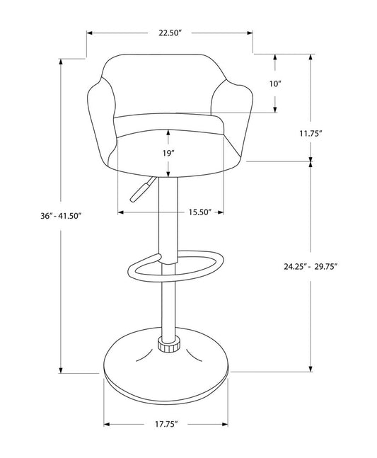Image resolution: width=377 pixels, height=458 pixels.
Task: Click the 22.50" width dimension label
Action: click(x=170, y=33)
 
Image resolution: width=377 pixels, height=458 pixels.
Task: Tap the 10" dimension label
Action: click(x=275, y=84)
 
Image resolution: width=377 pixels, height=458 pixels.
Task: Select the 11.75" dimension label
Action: click(x=311, y=134)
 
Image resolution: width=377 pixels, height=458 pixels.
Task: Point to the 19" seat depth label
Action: click(x=168, y=153)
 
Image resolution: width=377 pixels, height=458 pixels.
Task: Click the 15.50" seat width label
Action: click(x=199, y=212)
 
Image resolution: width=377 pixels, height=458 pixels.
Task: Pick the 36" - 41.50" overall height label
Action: click(x=61, y=216)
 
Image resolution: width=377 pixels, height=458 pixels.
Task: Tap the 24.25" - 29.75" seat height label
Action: click(x=311, y=266)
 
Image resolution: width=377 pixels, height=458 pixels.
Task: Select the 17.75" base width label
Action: click(x=166, y=424)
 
